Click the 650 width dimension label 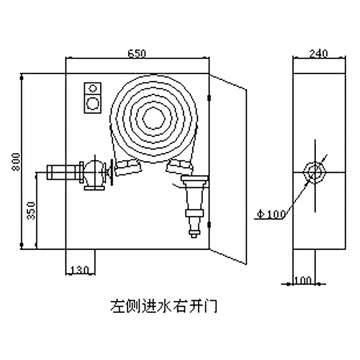point(137,53)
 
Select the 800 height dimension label point(17,161)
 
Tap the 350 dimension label point(31,210)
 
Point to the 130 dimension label point(80,270)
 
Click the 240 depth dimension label point(318,53)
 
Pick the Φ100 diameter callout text point(271,214)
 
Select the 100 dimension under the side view point(302,280)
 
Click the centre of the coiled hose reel point(154,119)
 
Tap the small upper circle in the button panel point(93,88)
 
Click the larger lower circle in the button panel point(93,104)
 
